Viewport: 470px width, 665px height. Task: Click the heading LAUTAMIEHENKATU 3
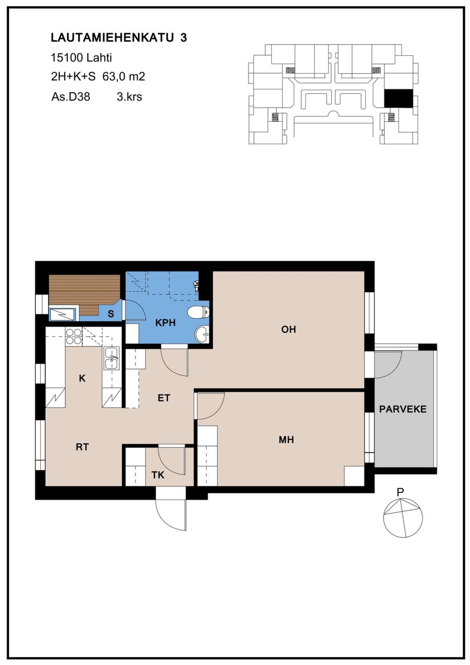(119, 38)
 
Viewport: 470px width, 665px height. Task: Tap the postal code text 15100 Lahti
(81, 58)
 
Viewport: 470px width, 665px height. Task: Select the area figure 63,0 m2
(124, 77)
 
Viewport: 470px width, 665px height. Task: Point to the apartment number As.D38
(70, 97)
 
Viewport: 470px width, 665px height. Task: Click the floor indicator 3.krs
(129, 97)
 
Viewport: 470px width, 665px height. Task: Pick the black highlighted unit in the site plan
(398, 99)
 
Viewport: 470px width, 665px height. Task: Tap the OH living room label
(289, 329)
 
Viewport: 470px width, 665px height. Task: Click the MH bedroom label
(286, 440)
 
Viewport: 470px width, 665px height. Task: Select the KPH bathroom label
(165, 323)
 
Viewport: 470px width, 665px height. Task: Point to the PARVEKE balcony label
(403, 409)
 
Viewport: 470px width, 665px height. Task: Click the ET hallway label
(164, 398)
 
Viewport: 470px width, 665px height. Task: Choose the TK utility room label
(158, 475)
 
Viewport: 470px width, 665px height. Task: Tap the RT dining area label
(82, 447)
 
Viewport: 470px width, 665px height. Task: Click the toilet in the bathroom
(198, 312)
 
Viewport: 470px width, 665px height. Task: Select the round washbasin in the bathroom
(203, 334)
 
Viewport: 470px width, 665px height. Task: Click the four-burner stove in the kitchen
(73, 337)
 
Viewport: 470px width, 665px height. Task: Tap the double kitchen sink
(112, 358)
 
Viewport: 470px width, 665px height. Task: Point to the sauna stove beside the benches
(63, 314)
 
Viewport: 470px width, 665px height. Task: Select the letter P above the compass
(400, 492)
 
